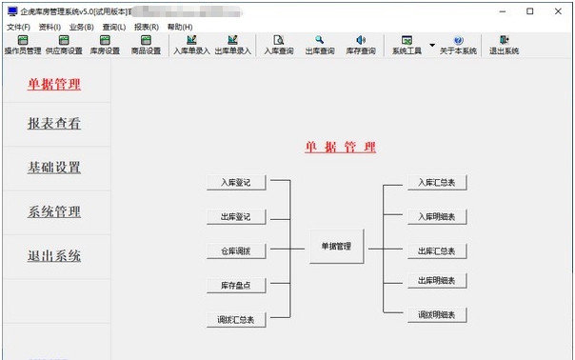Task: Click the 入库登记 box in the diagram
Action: (236, 182)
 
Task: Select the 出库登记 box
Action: (236, 216)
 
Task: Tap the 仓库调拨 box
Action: (236, 250)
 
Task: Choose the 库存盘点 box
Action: (236, 285)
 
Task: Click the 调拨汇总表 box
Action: (236, 320)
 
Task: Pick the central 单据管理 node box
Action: (337, 247)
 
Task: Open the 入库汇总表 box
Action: (438, 182)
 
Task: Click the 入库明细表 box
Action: (438, 216)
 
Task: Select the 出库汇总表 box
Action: (438, 251)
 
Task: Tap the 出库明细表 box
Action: (438, 281)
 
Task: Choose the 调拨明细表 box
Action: (438, 314)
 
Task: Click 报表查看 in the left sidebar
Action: (54, 123)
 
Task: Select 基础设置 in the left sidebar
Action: (54, 168)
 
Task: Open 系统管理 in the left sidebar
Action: (54, 211)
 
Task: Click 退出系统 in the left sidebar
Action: (54, 255)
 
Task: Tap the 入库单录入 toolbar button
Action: (191, 45)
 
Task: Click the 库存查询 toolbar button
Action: (361, 45)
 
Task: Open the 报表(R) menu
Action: (146, 27)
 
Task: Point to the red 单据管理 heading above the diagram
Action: (340, 147)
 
